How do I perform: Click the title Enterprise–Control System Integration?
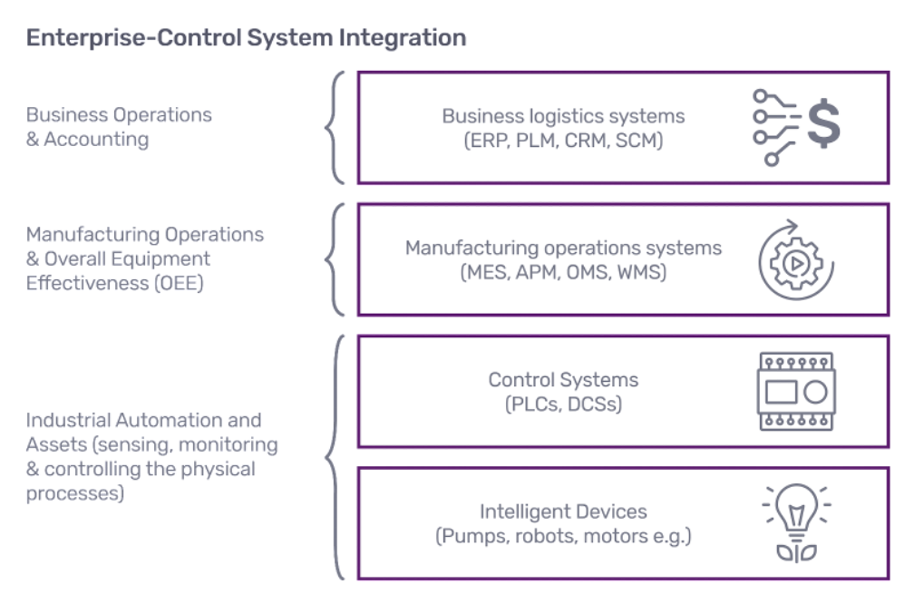(x=247, y=38)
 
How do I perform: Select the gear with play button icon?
(x=795, y=259)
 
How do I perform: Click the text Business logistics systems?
(x=563, y=117)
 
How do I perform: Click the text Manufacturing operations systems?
(x=563, y=248)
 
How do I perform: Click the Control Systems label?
(x=563, y=380)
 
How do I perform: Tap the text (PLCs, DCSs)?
(x=563, y=404)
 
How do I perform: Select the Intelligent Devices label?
(x=563, y=511)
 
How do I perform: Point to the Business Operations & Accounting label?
(x=119, y=127)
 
